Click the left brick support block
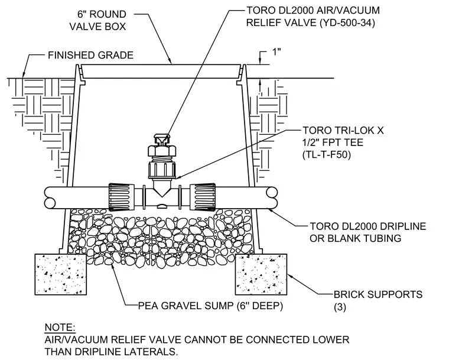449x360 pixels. click(x=61, y=274)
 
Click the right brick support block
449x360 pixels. click(x=261, y=274)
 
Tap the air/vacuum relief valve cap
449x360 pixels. click(x=162, y=139)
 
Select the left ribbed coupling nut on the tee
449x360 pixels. click(x=122, y=197)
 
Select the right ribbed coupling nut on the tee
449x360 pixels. click(x=203, y=197)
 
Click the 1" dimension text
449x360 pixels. click(x=275, y=52)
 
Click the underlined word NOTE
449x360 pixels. click(x=60, y=327)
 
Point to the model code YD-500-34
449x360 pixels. click(x=347, y=22)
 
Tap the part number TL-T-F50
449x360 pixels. click(x=327, y=155)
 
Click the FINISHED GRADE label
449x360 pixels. click(x=90, y=55)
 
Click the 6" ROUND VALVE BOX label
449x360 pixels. click(x=97, y=20)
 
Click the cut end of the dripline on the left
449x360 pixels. click(x=50, y=198)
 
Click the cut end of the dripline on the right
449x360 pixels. click(x=272, y=198)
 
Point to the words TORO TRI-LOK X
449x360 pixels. click(x=343, y=131)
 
